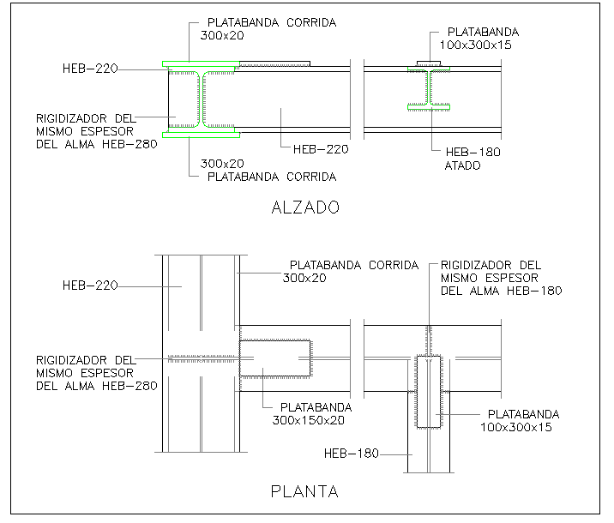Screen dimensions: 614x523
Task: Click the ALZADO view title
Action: tap(305, 207)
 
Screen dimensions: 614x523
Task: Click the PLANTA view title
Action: tap(304, 491)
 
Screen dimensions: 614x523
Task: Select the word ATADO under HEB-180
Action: tap(462, 165)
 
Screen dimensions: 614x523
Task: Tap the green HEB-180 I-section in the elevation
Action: tap(429, 89)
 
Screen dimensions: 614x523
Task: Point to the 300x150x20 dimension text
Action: tap(309, 420)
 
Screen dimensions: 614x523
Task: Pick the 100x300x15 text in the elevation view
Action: tap(475, 45)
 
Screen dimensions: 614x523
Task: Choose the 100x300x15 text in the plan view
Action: tap(516, 427)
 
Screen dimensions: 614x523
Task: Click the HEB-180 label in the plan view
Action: tap(352, 454)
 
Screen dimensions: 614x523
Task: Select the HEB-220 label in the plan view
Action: tap(90, 286)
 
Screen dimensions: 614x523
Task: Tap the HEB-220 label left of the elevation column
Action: tap(90, 69)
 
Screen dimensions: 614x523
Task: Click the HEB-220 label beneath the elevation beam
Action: tap(321, 149)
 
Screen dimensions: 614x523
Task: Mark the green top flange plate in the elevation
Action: tap(202, 63)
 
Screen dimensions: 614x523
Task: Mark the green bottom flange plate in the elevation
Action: tap(202, 135)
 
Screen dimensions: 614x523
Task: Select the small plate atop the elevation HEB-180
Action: tap(429, 63)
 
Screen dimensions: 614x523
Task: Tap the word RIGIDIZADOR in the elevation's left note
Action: tap(71, 118)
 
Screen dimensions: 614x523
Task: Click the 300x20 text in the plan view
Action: tap(304, 279)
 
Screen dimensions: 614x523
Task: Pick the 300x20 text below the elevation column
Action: tap(222, 164)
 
